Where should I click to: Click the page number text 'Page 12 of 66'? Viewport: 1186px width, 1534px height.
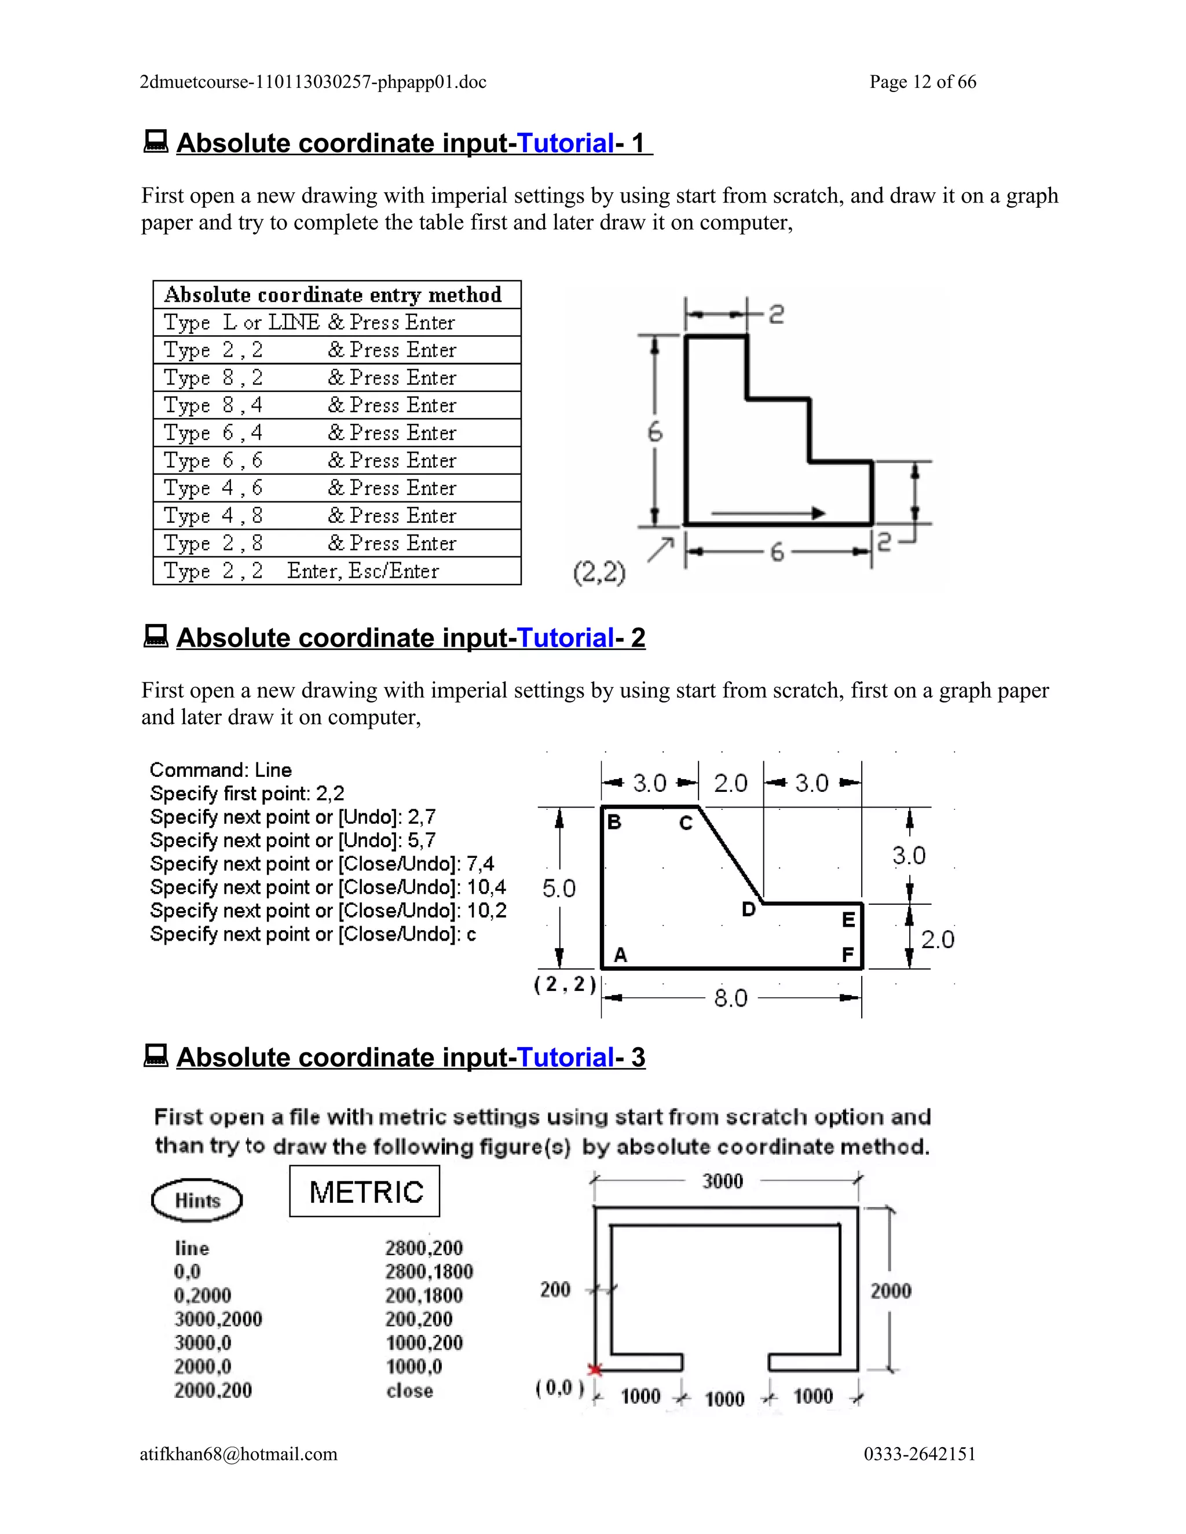pyautogui.click(x=922, y=82)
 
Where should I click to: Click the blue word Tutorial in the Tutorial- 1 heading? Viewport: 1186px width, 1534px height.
pyautogui.click(x=566, y=144)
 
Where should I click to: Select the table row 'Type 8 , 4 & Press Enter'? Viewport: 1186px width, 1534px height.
pyautogui.click(x=336, y=405)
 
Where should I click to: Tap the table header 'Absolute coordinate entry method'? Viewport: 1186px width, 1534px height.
pyautogui.click(x=333, y=294)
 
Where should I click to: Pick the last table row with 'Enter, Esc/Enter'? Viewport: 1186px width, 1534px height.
pyautogui.click(x=336, y=571)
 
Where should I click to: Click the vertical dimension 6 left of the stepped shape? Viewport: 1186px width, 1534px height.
pyautogui.click(x=654, y=431)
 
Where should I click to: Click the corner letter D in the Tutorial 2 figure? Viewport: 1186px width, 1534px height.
pyautogui.click(x=749, y=909)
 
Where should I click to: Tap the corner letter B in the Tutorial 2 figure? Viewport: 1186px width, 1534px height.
pyautogui.click(x=614, y=822)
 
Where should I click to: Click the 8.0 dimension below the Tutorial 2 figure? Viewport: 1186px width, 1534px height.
pyautogui.click(x=731, y=998)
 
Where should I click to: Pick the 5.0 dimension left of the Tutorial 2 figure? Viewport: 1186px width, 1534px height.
pyautogui.click(x=559, y=889)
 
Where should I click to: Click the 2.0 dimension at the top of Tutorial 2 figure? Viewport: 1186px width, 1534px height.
pyautogui.click(x=731, y=783)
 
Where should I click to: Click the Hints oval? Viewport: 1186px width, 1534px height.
pyautogui.click(x=197, y=1201)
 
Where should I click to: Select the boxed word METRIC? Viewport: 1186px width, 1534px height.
pyautogui.click(x=365, y=1192)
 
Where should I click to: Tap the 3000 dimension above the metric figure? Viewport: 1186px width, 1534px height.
pyautogui.click(x=722, y=1181)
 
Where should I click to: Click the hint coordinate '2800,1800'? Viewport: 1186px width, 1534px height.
pyautogui.click(x=429, y=1272)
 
